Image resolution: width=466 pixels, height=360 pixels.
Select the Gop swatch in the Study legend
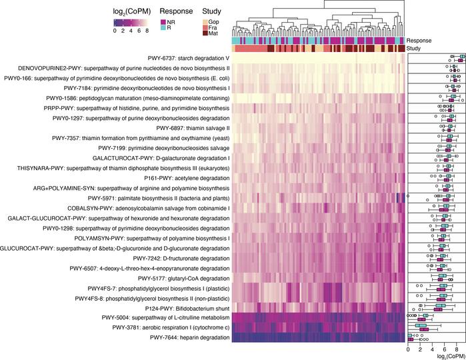coord(205,23)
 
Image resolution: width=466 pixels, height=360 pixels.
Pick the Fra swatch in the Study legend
coord(205,29)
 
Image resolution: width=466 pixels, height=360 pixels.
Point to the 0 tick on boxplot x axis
coord(407,349)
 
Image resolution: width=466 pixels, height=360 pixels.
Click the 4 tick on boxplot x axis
coord(432,349)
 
